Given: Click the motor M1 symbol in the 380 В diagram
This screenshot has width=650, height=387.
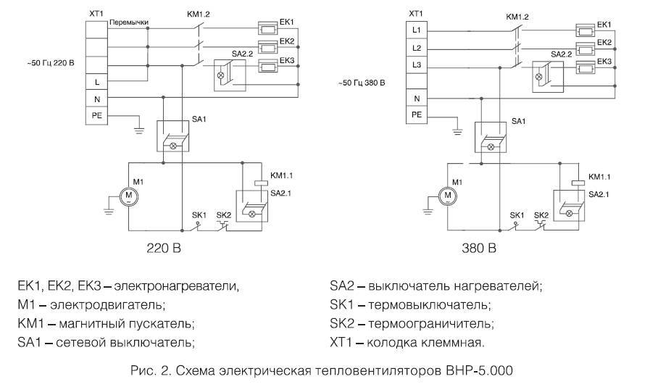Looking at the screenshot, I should pyautogui.click(x=449, y=194).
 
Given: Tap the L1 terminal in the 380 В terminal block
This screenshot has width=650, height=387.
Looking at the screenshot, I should pyautogui.click(x=416, y=31).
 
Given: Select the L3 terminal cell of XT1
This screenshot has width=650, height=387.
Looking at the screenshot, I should pyautogui.click(x=416, y=64).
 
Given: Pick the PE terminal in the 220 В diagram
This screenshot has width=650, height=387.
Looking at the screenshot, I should pyautogui.click(x=97, y=114).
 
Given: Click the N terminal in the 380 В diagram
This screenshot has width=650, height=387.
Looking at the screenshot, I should pyautogui.click(x=416, y=98).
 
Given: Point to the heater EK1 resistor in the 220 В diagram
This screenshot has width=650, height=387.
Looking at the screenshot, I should pyautogui.click(x=270, y=30).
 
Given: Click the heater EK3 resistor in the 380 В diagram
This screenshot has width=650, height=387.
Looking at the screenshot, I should pyautogui.click(x=585, y=70).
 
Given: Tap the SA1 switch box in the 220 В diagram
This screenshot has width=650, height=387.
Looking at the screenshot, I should pyautogui.click(x=173, y=136).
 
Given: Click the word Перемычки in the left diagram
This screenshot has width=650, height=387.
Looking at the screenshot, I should pyautogui.click(x=129, y=22).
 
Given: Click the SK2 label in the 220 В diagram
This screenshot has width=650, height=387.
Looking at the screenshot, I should pyautogui.click(x=224, y=215).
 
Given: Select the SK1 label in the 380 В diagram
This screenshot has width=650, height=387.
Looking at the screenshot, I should pyautogui.click(x=516, y=215).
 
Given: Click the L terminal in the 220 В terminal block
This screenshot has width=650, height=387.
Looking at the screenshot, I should pyautogui.click(x=97, y=81).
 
